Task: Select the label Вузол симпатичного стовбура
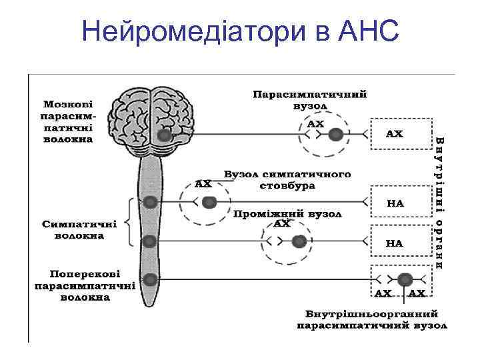(x=287, y=179)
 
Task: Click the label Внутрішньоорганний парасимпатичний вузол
(x=372, y=319)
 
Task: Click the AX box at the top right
(x=395, y=134)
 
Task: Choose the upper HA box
(x=395, y=202)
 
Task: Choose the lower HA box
(x=395, y=243)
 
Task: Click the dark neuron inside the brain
(x=163, y=136)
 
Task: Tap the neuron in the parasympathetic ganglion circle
(x=337, y=135)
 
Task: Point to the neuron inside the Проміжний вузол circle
(x=300, y=241)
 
